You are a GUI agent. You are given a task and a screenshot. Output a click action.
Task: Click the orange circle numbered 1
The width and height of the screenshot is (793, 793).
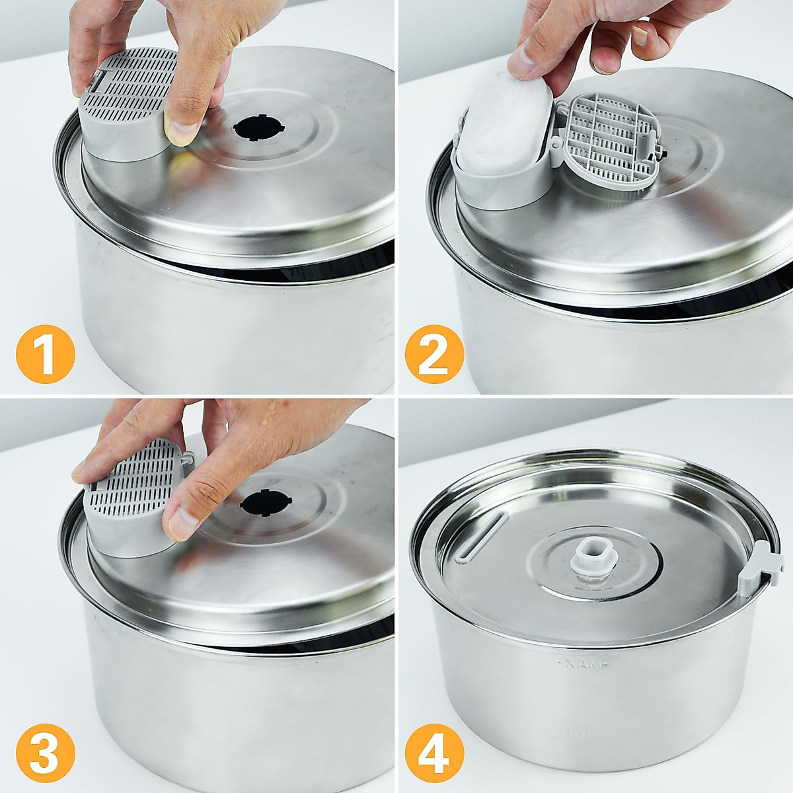(x=46, y=355)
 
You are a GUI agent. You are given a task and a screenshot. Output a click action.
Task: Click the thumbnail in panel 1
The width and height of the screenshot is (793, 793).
(x=180, y=130)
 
